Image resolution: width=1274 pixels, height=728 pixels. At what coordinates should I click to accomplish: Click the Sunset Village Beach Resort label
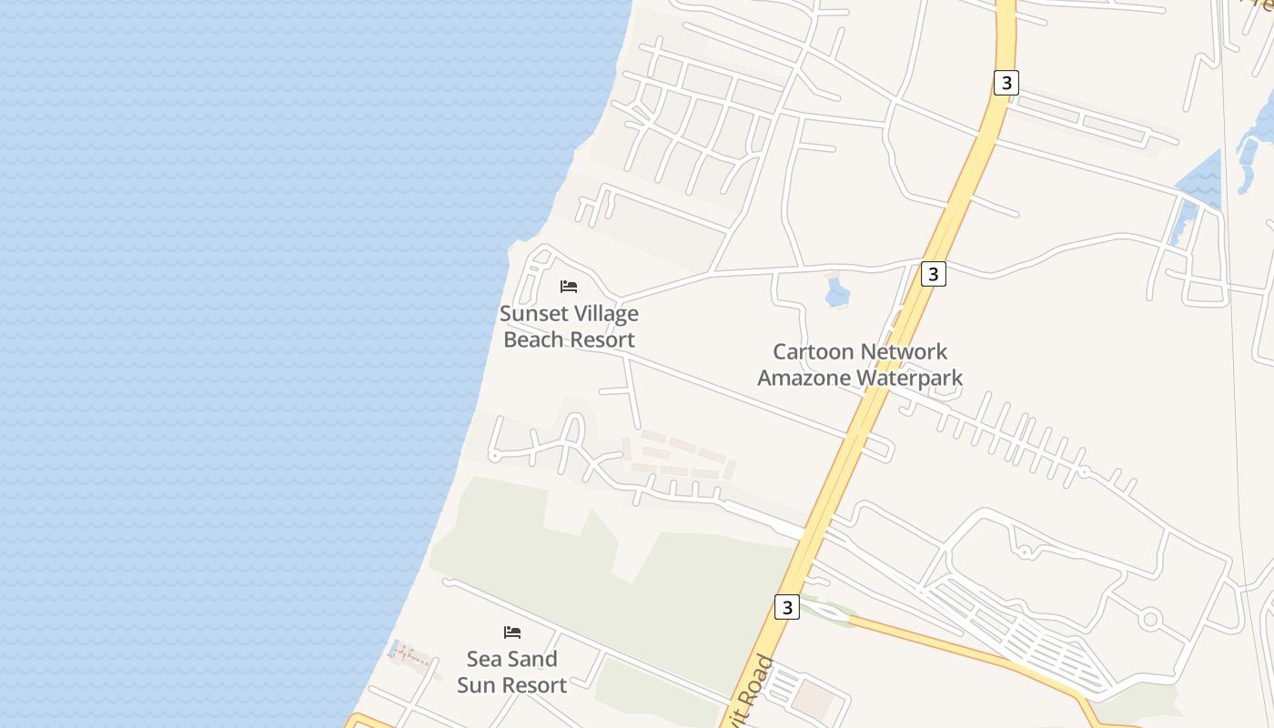[569, 327]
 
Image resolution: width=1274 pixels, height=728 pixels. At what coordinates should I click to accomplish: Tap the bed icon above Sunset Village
[569, 287]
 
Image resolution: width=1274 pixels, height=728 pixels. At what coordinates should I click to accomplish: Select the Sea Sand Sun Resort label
[511, 672]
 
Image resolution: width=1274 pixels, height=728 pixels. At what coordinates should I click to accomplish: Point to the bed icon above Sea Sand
[512, 632]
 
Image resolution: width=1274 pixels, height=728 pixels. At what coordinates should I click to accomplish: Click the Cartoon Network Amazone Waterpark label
[860, 364]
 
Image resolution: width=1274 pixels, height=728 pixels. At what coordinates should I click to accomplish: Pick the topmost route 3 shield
[1005, 83]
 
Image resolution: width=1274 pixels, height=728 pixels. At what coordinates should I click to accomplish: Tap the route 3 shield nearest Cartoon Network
[933, 274]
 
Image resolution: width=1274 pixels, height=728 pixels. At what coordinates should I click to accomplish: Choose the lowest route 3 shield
[787, 607]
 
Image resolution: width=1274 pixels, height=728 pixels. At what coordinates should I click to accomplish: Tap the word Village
[604, 314]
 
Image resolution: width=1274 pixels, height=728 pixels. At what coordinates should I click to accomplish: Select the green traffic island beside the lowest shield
[826, 611]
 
